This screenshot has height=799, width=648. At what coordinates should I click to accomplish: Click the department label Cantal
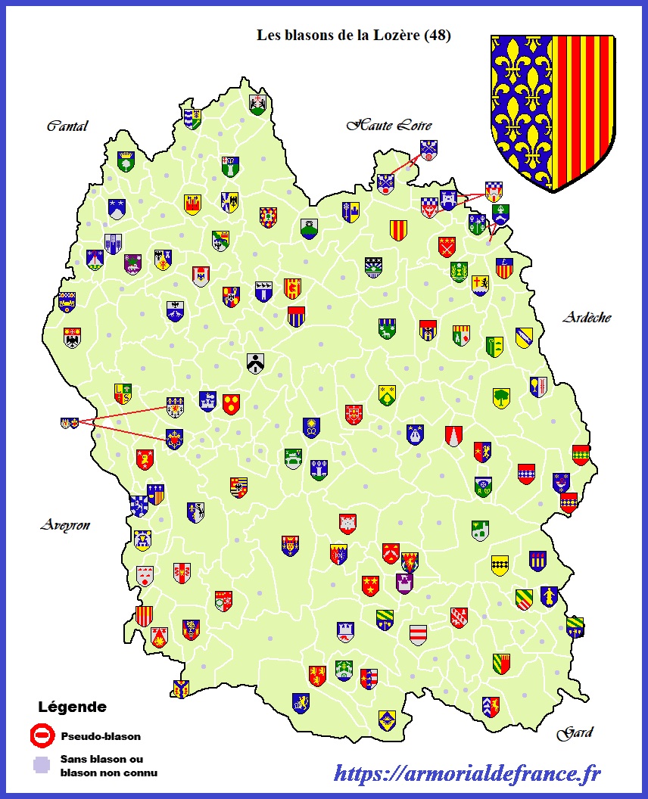pyautogui.click(x=67, y=126)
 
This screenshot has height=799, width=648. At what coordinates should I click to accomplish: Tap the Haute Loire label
pyautogui.click(x=389, y=125)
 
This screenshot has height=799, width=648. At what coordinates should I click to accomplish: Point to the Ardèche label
pyautogui.click(x=587, y=318)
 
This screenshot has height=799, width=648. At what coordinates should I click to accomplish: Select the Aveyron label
pyautogui.click(x=65, y=525)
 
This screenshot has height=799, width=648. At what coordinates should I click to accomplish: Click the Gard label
pyautogui.click(x=575, y=732)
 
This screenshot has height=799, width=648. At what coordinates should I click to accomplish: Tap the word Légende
pyautogui.click(x=72, y=707)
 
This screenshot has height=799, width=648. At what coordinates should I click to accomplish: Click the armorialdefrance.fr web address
pyautogui.click(x=467, y=773)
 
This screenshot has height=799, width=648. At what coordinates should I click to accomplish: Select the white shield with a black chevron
pyautogui.click(x=255, y=362)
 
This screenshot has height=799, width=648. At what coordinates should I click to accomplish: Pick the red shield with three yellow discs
pyautogui.click(x=231, y=404)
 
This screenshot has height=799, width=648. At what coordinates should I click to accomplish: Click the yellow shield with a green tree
pyautogui.click(x=501, y=398)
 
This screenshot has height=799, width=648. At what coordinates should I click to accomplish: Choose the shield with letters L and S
pyautogui.click(x=123, y=393)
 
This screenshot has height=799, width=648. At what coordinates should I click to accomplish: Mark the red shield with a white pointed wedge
pyautogui.click(x=453, y=435)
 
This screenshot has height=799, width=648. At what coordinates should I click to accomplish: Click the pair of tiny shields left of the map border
pyautogui.click(x=69, y=423)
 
